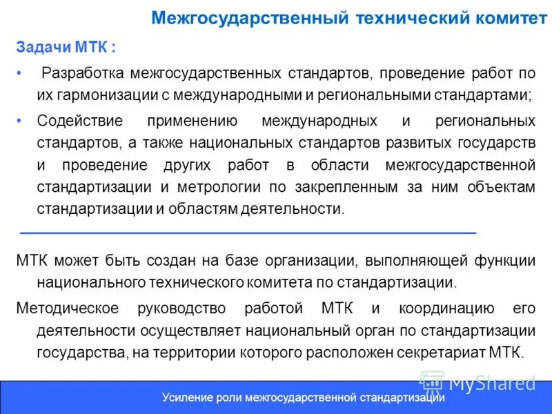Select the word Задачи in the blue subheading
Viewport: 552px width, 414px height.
click(39, 48)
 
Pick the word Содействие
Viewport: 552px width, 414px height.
click(80, 121)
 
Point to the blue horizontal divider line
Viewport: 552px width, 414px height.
click(248, 233)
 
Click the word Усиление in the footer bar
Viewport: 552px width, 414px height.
click(184, 398)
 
